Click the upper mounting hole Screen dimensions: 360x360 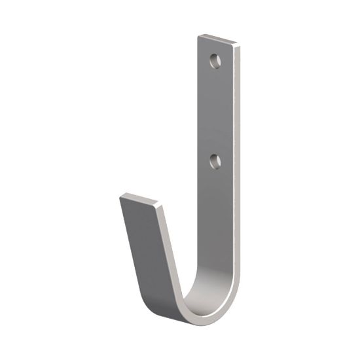(215, 61)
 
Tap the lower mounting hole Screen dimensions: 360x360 (215, 160)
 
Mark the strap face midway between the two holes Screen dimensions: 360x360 (215, 111)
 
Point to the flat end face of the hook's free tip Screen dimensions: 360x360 (139, 199)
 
